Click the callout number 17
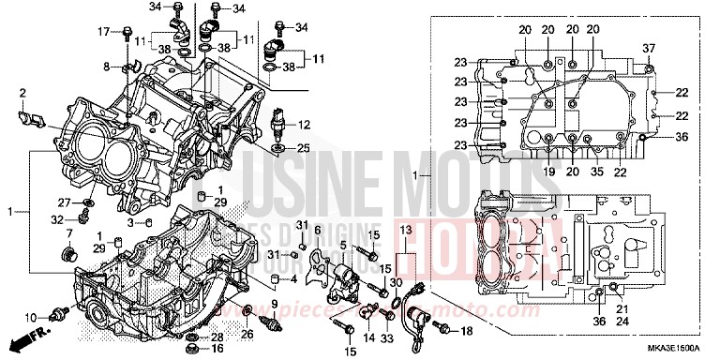104,32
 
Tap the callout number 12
303,125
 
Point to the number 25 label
303,149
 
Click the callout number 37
648,48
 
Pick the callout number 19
549,172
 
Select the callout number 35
594,172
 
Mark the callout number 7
68,233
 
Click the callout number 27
65,202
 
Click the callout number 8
108,67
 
